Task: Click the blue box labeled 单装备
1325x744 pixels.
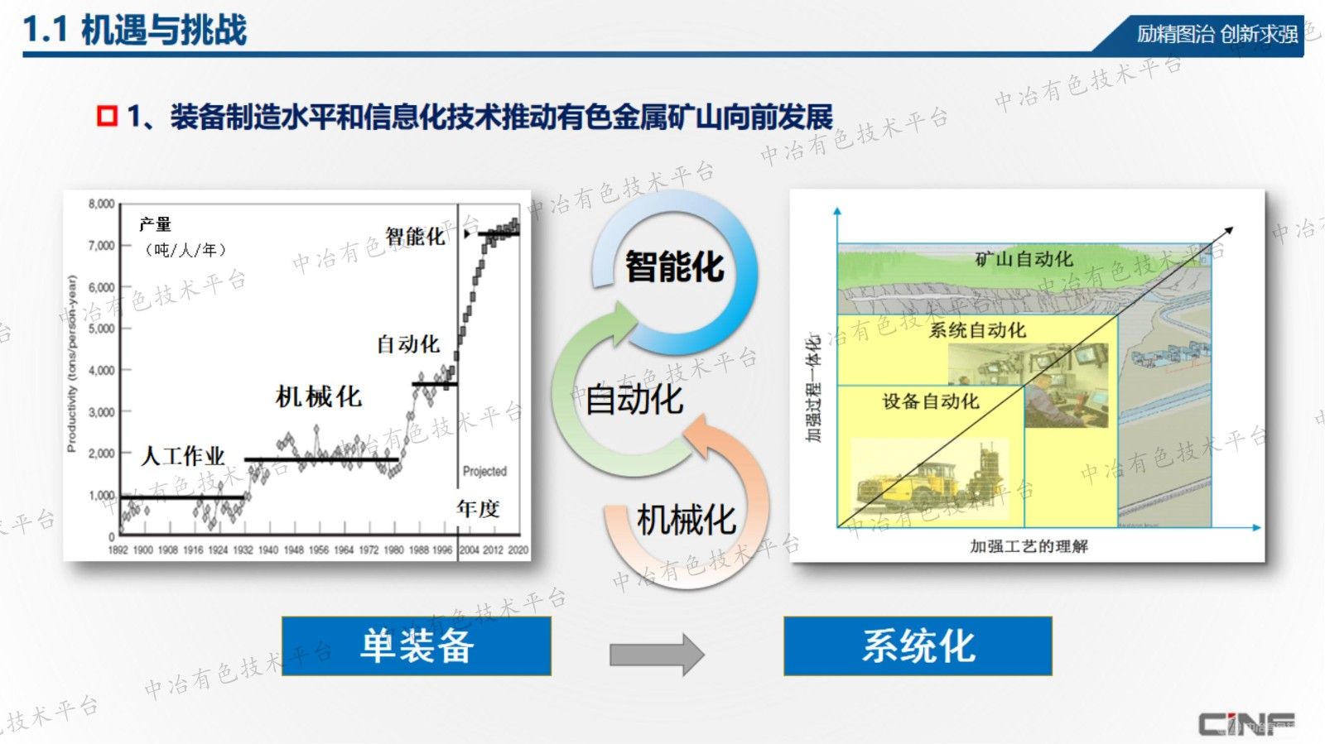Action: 417,646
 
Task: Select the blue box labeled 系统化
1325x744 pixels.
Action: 918,646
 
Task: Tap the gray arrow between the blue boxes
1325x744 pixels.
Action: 656,655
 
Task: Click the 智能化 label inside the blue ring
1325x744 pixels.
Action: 674,267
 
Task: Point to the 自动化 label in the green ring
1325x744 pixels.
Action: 634,400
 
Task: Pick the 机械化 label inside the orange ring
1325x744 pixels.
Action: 686,521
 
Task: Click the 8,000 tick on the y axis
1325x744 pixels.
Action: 101,204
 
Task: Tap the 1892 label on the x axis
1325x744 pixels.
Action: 118,550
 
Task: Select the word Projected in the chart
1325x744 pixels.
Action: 484,471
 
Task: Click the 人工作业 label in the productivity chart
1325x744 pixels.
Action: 183,456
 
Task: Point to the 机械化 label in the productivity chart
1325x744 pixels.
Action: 319,396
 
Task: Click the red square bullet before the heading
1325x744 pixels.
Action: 107,116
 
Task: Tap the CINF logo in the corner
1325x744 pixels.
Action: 1246,724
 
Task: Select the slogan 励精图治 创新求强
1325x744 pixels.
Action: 1217,34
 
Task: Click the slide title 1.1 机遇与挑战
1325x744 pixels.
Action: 135,30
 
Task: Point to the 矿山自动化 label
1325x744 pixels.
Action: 1024,259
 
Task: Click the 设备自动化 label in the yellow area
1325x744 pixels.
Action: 930,401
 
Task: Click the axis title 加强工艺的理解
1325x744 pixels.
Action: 1029,546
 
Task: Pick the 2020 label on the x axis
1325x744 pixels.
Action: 518,550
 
